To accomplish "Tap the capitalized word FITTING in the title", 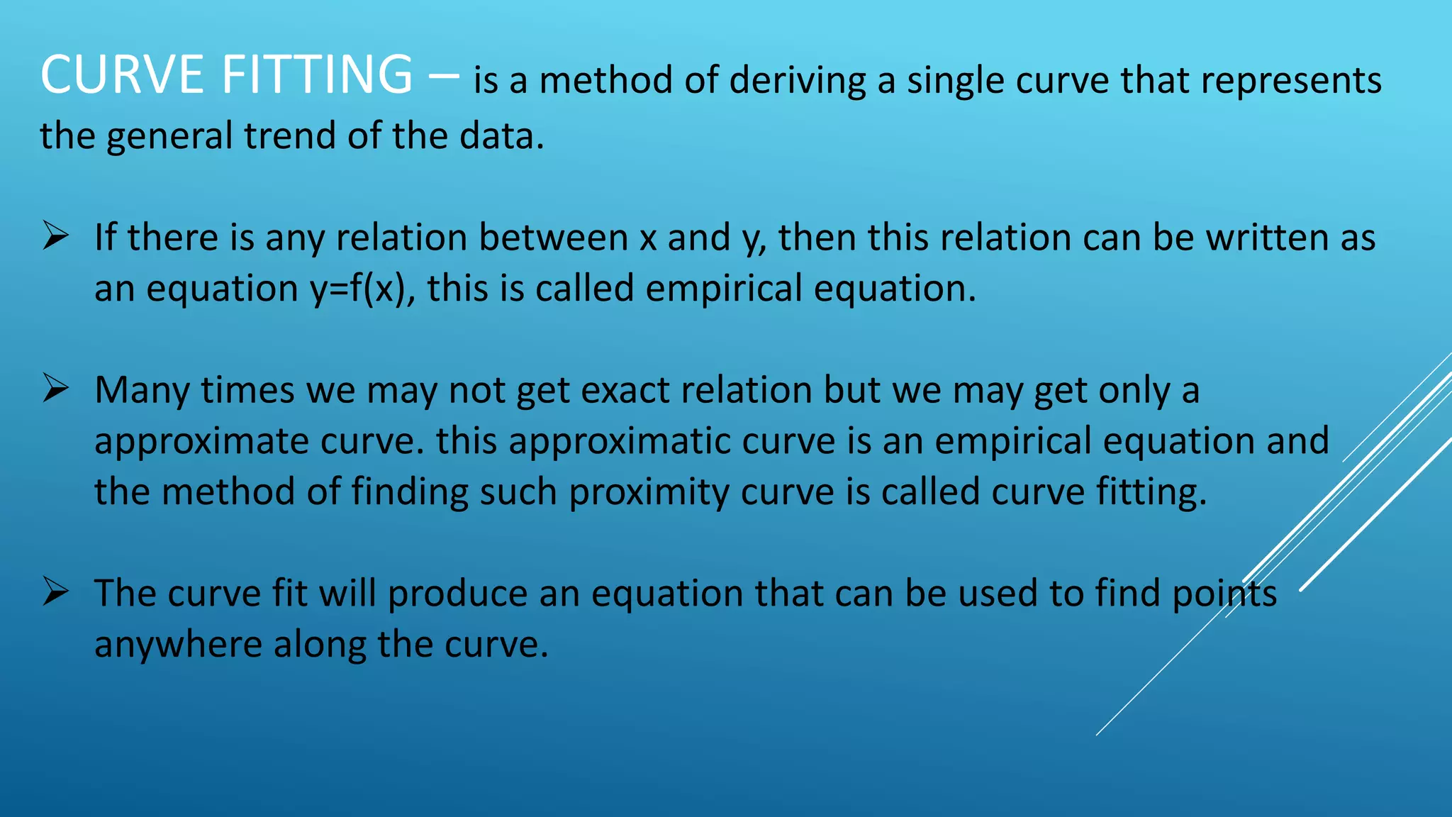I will point(317,74).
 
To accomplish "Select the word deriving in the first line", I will point(798,80).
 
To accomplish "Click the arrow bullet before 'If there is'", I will point(55,235).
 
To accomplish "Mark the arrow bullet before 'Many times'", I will point(55,388).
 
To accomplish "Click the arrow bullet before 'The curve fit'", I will point(55,591).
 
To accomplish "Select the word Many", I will point(142,391).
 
